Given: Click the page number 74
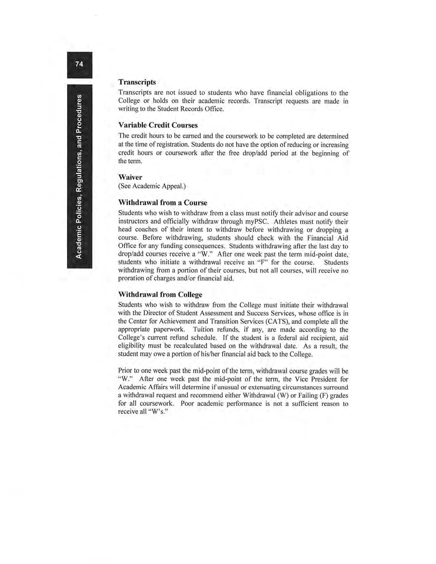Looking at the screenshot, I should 79,64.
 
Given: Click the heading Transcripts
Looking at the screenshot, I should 137,82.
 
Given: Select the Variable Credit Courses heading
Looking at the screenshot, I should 158,125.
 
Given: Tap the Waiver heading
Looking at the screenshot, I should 130,177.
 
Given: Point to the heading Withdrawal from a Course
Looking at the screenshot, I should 162,203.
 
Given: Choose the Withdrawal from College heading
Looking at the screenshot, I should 160,294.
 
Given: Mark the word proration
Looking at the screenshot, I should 130,278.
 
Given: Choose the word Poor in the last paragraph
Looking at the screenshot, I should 187,404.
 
